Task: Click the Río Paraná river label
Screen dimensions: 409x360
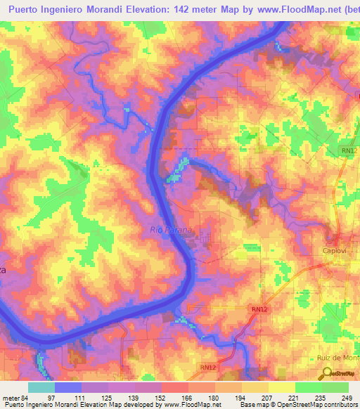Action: pyautogui.click(x=170, y=229)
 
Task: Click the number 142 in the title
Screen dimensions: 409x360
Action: pyautogui.click(x=190, y=8)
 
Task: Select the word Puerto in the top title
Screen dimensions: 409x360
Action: pyautogui.click(x=25, y=8)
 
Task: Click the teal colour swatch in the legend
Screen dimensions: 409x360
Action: pyautogui.click(x=41, y=387)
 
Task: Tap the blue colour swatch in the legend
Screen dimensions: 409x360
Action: pyautogui.click(x=67, y=387)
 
